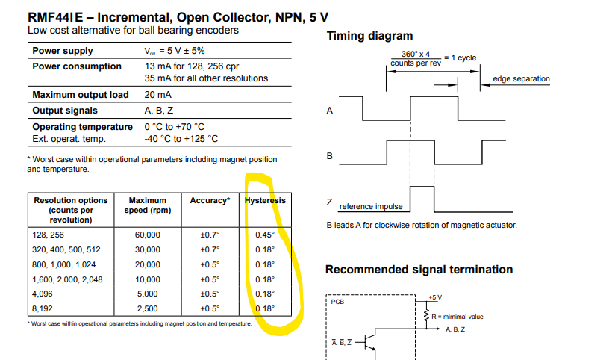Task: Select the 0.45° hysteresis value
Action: pyautogui.click(x=265, y=235)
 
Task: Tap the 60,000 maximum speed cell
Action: pyautogui.click(x=147, y=235)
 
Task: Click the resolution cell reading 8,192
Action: pyautogui.click(x=46, y=308)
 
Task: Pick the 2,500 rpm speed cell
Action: pyautogui.click(x=147, y=308)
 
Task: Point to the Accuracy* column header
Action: pyautogui.click(x=210, y=201)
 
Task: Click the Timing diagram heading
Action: pyautogui.click(x=369, y=37)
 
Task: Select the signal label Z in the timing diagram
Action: pyautogui.click(x=329, y=202)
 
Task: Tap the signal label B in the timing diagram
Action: pyautogui.click(x=329, y=156)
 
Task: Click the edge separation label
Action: pyautogui.click(x=521, y=79)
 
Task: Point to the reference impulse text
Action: pyautogui.click(x=370, y=206)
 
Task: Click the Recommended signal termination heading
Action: pyautogui.click(x=419, y=270)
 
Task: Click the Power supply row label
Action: pyautogui.click(x=63, y=51)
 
